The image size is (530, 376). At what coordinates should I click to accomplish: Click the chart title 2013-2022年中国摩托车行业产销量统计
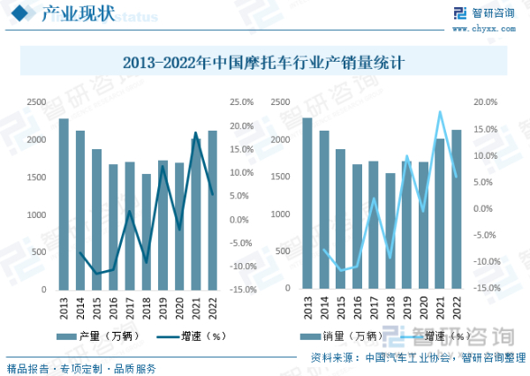[264, 63]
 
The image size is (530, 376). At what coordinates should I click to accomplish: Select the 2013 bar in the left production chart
[64, 204]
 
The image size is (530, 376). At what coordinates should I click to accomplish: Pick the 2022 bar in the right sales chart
[456, 209]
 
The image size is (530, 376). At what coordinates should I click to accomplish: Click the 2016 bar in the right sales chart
[357, 227]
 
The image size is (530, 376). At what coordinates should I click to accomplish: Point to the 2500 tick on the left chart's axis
[37, 102]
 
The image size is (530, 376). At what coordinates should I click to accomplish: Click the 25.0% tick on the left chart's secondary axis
[243, 102]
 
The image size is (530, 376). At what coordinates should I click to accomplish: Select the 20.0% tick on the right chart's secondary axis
[486, 102]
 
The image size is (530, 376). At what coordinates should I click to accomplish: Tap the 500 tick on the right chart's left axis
[281, 252]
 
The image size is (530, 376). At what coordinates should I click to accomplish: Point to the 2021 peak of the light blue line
[440, 112]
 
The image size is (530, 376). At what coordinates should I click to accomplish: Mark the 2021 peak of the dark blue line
[196, 133]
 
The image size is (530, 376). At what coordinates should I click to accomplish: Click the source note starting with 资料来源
[413, 357]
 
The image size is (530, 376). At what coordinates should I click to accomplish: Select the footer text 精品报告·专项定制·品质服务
[81, 368]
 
